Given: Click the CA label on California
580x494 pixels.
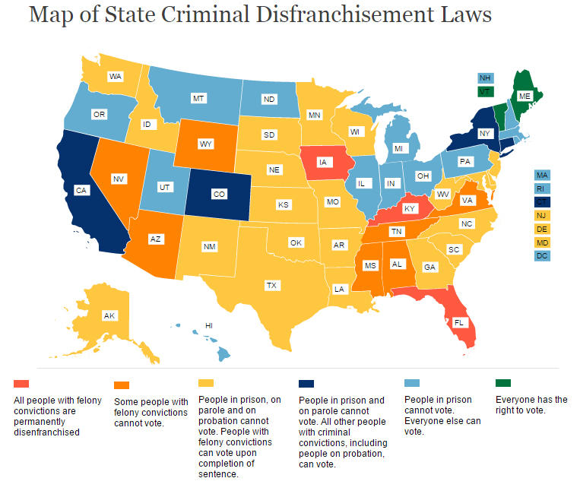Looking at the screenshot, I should click(x=81, y=190).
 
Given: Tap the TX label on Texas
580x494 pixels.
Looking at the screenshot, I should click(x=271, y=286).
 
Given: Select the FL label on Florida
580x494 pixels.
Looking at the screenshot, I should click(x=459, y=322).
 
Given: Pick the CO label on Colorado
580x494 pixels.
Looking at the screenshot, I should click(x=219, y=195).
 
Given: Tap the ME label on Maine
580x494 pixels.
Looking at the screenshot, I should click(x=525, y=97).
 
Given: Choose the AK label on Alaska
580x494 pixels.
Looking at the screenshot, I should click(x=109, y=315).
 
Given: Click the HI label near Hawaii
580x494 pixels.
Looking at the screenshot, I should click(x=208, y=326).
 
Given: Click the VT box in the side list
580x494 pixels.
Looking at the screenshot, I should click(x=484, y=91).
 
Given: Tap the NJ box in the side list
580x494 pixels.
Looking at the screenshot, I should click(x=542, y=215).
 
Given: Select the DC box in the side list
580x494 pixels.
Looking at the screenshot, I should click(x=542, y=256).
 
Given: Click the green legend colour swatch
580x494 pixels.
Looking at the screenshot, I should click(x=503, y=382).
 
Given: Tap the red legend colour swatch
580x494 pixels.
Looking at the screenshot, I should click(x=21, y=382).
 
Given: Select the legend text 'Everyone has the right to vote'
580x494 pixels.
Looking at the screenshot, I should click(x=531, y=404).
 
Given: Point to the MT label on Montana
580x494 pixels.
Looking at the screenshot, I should click(x=199, y=99).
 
